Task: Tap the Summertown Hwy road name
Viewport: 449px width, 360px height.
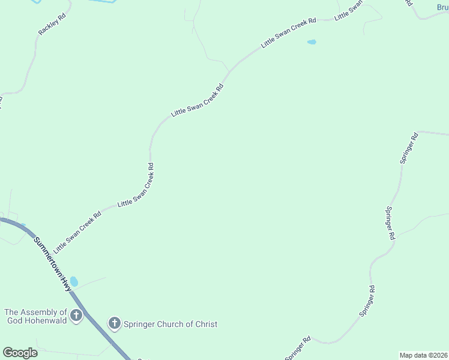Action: coord(52,265)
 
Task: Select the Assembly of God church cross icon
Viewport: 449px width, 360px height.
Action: coord(76,316)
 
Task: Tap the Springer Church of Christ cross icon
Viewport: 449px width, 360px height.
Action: coord(114,324)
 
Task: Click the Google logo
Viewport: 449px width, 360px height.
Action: coord(20,353)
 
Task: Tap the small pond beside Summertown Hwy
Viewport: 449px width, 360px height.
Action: coord(74,281)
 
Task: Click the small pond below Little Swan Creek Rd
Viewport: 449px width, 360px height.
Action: coord(312,42)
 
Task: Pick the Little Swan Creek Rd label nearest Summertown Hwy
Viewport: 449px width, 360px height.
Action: coord(77,232)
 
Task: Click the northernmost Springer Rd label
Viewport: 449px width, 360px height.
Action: coord(409,148)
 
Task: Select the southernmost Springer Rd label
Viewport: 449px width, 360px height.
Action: coord(298,349)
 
